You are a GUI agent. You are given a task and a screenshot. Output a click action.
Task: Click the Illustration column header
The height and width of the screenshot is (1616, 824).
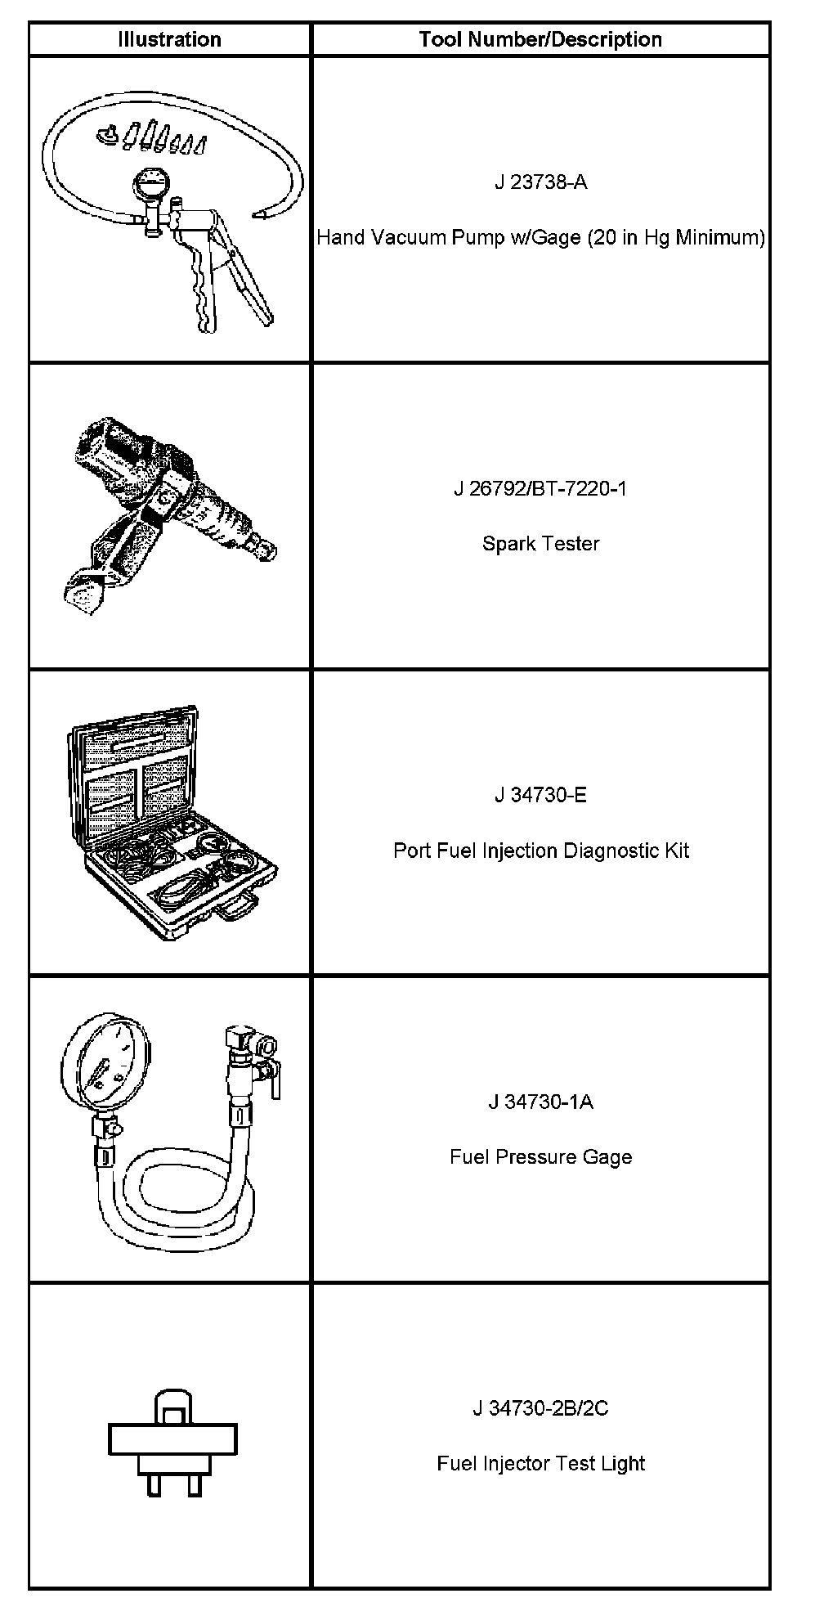tap(169, 39)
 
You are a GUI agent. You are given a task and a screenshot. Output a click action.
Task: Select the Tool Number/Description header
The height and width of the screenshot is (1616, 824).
tap(540, 39)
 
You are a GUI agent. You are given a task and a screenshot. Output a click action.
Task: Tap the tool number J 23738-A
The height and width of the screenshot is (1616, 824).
tap(540, 182)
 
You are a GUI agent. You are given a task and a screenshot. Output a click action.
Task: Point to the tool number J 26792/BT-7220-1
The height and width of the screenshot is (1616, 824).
tap(540, 489)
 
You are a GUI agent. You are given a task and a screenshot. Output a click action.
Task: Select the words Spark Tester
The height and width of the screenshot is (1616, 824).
tap(540, 544)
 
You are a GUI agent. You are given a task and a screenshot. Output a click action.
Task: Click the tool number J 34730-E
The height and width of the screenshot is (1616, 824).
tap(540, 795)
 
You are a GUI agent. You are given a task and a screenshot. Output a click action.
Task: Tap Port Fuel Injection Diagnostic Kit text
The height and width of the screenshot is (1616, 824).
tap(540, 851)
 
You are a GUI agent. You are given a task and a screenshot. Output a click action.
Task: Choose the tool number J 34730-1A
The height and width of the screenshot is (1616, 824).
tap(540, 1102)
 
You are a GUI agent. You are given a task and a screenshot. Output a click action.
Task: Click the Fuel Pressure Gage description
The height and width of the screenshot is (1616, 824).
tap(540, 1157)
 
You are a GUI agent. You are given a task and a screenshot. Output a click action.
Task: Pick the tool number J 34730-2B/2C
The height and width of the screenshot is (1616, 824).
tap(540, 1408)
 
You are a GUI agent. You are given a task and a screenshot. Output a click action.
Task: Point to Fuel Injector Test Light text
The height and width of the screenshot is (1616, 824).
tap(540, 1463)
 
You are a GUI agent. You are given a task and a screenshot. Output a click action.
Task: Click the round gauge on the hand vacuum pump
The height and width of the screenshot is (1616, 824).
tap(152, 185)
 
